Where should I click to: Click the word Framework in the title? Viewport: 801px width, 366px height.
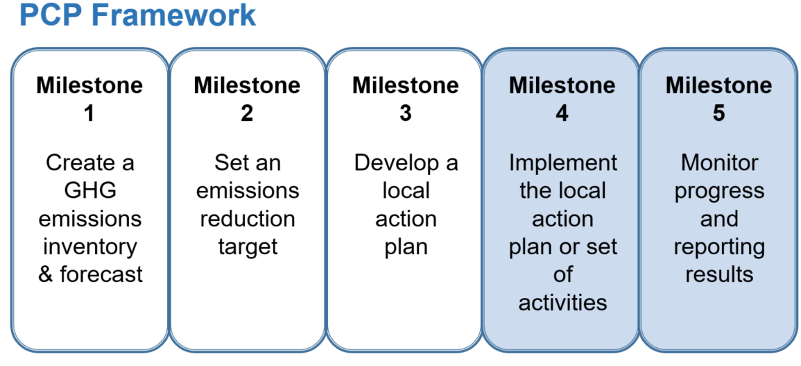coord(173,15)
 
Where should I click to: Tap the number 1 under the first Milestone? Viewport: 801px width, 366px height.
coord(89,113)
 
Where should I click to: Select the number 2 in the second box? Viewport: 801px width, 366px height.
coord(247,113)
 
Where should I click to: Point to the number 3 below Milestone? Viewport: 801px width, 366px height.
coord(406,113)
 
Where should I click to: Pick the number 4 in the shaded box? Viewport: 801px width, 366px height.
coord(562,113)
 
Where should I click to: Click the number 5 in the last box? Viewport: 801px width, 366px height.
coord(718,113)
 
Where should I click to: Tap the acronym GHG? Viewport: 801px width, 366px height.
coord(89,191)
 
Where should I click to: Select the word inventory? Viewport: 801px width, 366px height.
coord(89,247)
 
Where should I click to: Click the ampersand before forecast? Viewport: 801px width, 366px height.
coord(46,274)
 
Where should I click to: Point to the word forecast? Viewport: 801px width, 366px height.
coord(101,274)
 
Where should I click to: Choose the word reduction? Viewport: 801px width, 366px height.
coord(248,219)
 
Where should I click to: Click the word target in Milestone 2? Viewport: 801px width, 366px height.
coord(248,247)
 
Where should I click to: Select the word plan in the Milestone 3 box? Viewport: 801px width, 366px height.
coord(406,247)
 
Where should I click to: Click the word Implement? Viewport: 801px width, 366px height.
coord(562,163)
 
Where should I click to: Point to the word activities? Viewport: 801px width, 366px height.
coord(562,302)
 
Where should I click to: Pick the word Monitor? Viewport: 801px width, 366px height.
coord(719,163)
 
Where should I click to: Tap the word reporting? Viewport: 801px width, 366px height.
coord(719,247)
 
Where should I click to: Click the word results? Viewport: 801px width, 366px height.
coord(719,274)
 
